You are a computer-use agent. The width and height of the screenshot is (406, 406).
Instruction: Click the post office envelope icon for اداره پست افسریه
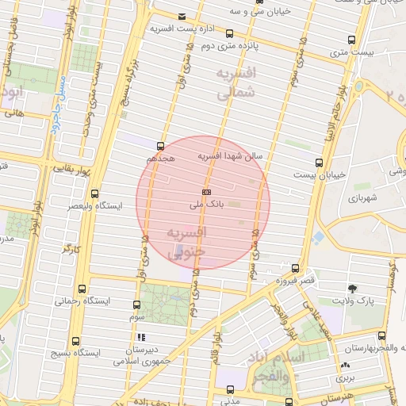[x=183, y=17]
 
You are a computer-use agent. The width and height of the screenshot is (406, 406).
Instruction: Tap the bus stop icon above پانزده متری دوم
[x=229, y=33]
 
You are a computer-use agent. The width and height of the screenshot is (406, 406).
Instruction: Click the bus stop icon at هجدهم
[x=160, y=146]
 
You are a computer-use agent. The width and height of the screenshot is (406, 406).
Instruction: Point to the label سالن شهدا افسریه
[x=229, y=157]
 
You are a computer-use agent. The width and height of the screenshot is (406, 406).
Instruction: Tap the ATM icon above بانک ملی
[x=207, y=192]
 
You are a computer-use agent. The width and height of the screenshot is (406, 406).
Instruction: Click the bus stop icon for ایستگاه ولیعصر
[x=95, y=193]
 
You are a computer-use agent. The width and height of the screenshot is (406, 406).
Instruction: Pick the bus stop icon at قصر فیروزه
[x=296, y=268]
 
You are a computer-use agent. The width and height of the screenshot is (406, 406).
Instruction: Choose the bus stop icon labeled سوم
[x=137, y=304]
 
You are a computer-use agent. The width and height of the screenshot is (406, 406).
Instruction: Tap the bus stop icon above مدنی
[x=230, y=389]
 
